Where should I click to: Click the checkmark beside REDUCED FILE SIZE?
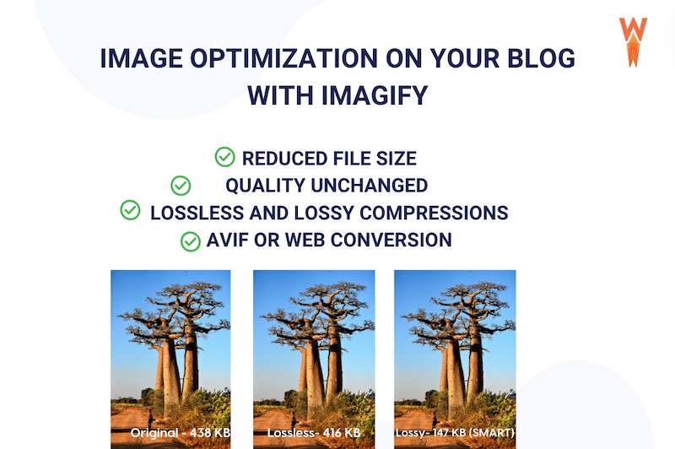(224, 157)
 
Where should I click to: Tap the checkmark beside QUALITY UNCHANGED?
(181, 184)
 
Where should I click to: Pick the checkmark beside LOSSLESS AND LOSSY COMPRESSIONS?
(130, 210)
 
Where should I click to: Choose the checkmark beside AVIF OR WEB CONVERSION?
(190, 241)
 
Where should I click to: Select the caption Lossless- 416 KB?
(314, 433)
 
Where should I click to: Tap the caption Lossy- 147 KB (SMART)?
(455, 433)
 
